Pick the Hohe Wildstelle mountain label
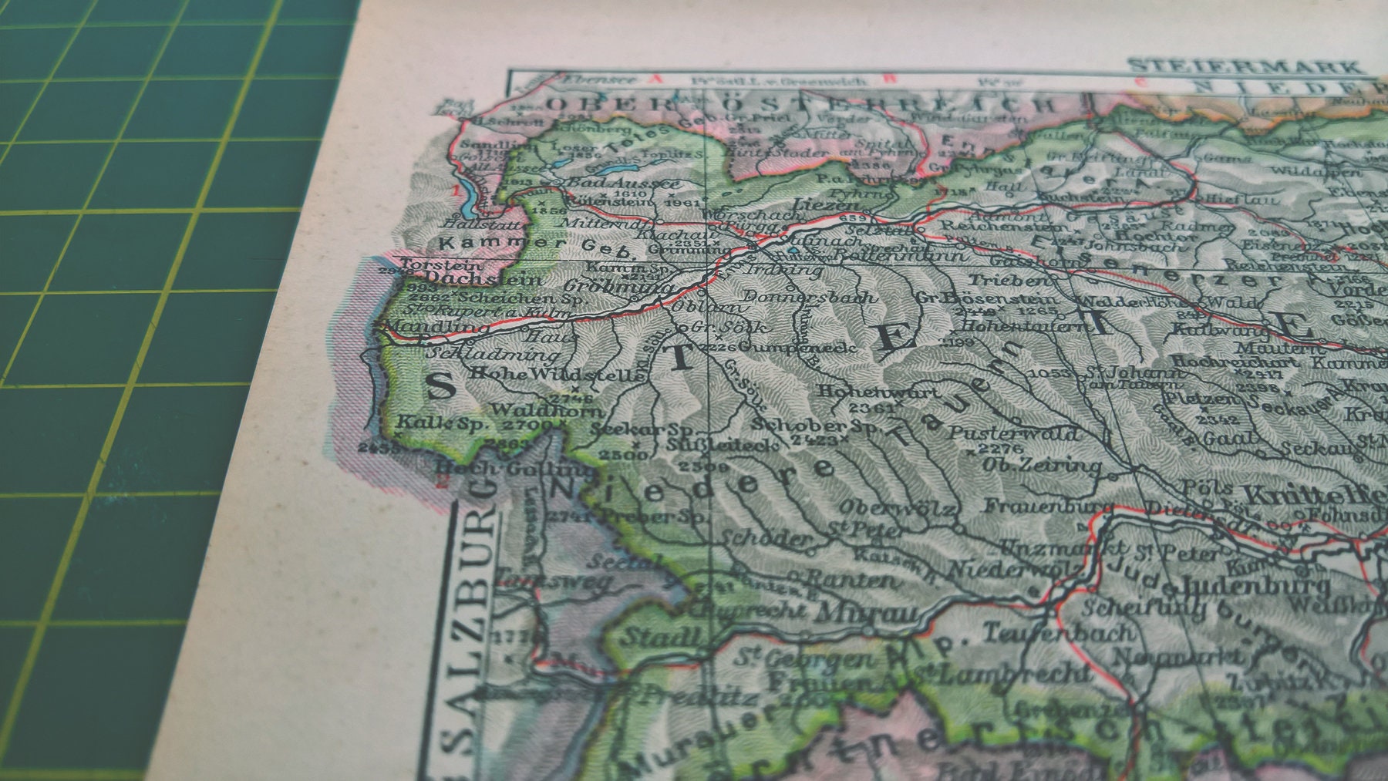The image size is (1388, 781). point(556,374)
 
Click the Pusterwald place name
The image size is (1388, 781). point(1013,434)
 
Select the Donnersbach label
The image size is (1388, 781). point(807,297)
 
